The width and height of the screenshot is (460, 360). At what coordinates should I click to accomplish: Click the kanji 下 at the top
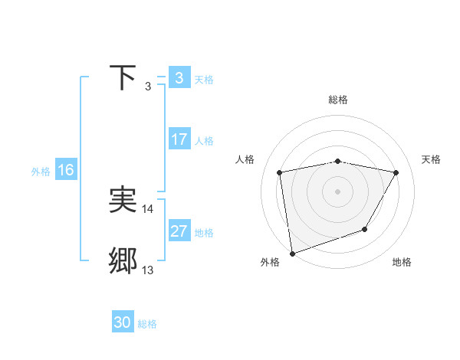pyautogui.click(x=123, y=77)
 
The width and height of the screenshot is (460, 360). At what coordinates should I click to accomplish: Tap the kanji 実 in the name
pyautogui.click(x=123, y=200)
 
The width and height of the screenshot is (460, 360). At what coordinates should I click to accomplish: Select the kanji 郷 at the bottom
pyautogui.click(x=123, y=261)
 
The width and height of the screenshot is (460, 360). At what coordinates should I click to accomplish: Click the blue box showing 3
pyautogui.click(x=179, y=78)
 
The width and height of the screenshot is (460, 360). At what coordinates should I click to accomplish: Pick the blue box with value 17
pyautogui.click(x=179, y=139)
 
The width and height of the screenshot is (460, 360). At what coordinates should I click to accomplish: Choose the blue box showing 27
pyautogui.click(x=179, y=231)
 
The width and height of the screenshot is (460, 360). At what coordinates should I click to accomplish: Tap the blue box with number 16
pyautogui.click(x=65, y=170)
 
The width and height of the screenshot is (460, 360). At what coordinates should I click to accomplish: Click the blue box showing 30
pyautogui.click(x=123, y=322)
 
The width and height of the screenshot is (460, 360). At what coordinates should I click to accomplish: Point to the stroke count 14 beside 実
pyautogui.click(x=148, y=208)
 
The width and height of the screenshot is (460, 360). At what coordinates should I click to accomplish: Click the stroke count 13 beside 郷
pyautogui.click(x=148, y=270)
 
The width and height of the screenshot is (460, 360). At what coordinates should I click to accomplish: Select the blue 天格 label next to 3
pyautogui.click(x=204, y=79)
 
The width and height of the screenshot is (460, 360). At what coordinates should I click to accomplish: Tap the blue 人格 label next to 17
pyautogui.click(x=204, y=141)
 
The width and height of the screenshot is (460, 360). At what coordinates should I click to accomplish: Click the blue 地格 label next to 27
pyautogui.click(x=204, y=233)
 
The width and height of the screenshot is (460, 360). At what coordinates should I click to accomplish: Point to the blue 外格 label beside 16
pyautogui.click(x=41, y=172)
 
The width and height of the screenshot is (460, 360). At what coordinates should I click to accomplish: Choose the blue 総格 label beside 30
pyautogui.click(x=148, y=324)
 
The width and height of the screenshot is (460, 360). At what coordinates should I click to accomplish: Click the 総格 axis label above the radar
pyautogui.click(x=338, y=100)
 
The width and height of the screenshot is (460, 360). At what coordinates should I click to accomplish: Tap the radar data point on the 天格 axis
pyautogui.click(x=396, y=172)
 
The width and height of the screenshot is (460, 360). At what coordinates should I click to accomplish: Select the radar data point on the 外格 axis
pyautogui.click(x=292, y=253)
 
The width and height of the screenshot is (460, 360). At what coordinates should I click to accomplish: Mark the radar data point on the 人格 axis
pyautogui.click(x=280, y=172)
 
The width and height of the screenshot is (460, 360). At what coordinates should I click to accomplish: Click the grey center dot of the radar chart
pyautogui.click(x=338, y=191)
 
